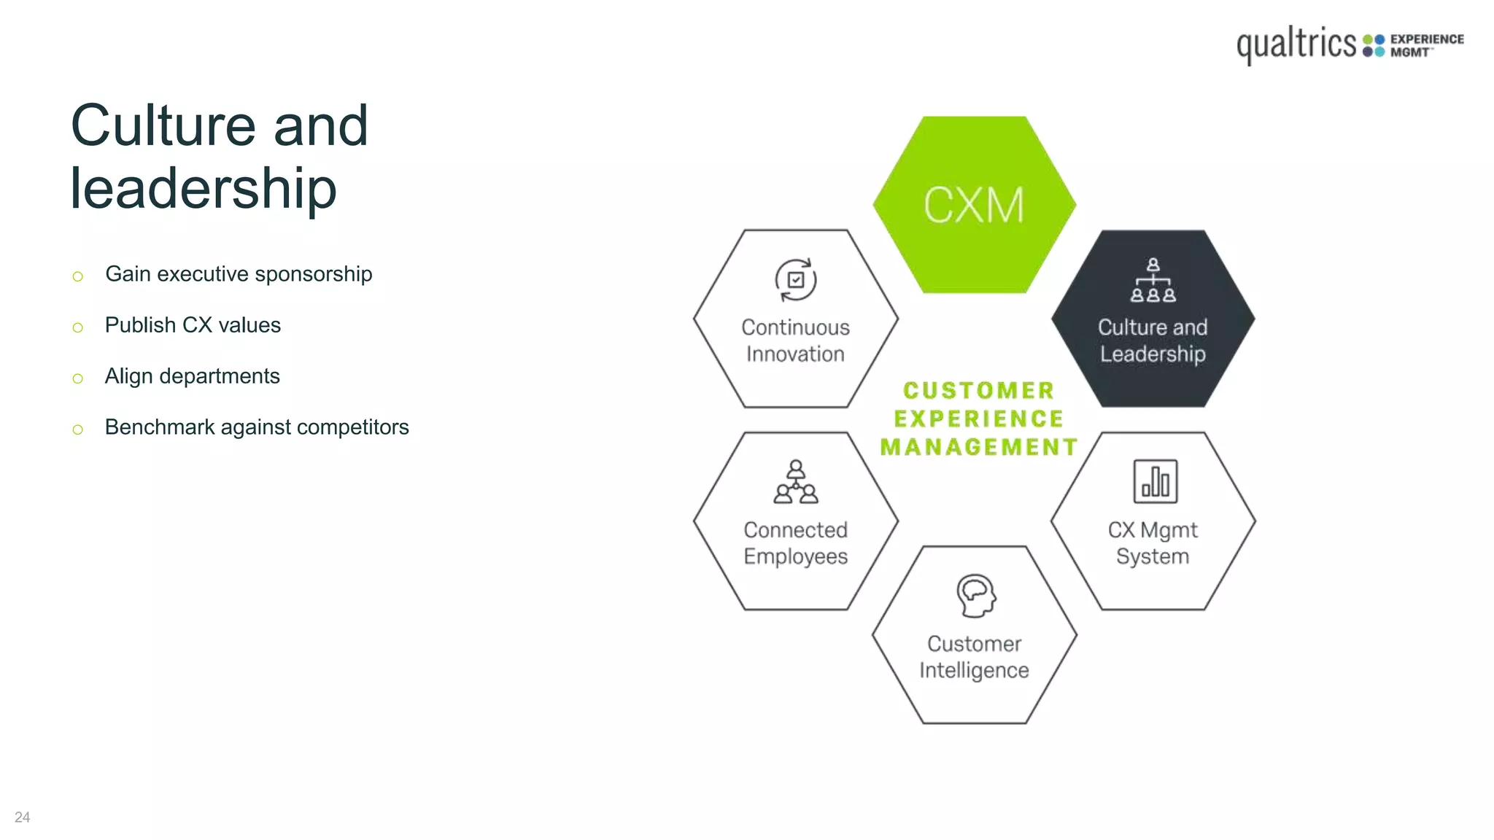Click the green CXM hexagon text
974,205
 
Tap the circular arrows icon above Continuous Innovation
795,280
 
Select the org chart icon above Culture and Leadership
1153,280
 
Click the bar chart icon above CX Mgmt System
1155,481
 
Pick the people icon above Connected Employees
796,482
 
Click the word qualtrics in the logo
1296,44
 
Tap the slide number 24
23,817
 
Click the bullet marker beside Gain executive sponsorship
78,276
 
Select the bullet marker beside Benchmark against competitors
78,429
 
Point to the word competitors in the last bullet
352,427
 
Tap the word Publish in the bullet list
140,325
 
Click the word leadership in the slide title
204,189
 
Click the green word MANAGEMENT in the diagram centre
978,447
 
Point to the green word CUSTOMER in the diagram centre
978,391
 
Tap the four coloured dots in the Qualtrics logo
1374,45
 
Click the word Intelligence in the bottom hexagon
974,670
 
